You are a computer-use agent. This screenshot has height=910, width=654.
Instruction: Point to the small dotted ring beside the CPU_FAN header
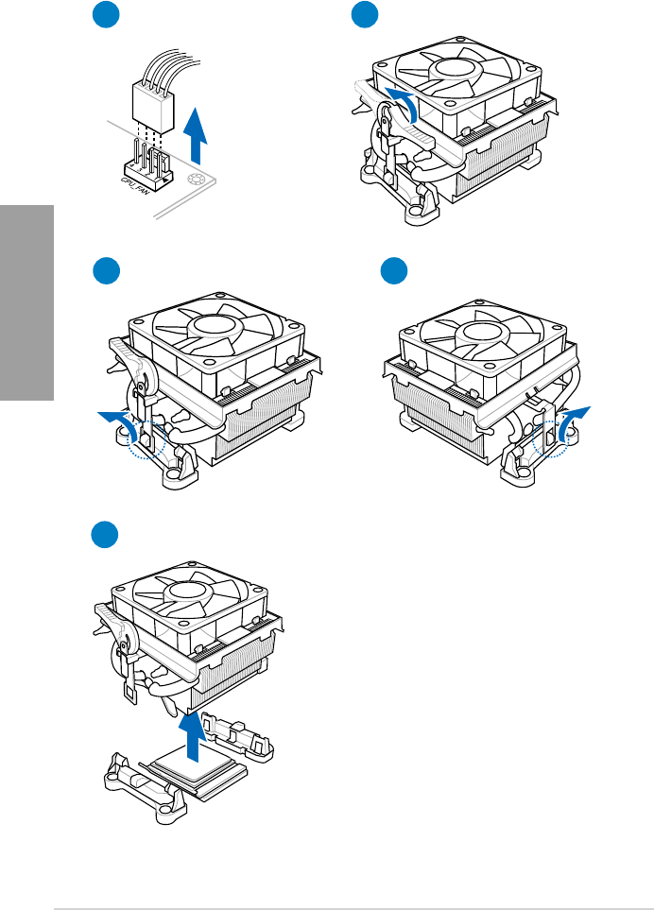tap(198, 181)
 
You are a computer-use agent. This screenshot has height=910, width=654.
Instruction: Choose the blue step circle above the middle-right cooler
tap(392, 273)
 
